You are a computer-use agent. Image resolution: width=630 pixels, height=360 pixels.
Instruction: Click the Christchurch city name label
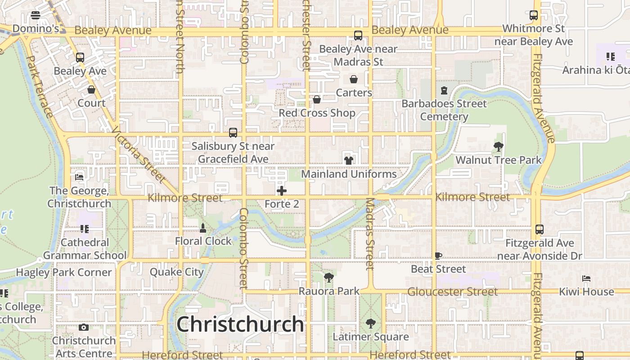(240, 324)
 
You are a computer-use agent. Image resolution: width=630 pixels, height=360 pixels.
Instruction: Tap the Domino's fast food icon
(36, 15)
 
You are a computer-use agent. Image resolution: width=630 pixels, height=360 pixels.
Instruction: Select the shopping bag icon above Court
(91, 90)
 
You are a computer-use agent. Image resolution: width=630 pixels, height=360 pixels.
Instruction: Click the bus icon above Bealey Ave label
(80, 58)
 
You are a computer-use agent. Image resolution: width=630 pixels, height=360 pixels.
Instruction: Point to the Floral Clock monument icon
(203, 228)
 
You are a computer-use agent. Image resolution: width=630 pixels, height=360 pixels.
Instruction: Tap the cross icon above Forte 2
(282, 191)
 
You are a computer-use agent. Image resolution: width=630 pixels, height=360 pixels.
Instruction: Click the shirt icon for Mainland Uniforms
(348, 160)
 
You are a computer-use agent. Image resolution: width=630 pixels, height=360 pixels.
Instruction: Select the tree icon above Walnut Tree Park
(498, 146)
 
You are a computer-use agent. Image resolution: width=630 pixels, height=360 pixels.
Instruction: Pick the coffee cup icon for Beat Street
(438, 256)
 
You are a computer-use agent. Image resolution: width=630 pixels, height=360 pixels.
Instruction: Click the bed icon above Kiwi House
(586, 279)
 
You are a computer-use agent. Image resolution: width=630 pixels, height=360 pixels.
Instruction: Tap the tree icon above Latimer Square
(370, 323)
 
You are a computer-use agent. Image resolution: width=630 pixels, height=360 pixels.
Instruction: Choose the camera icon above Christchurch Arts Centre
(83, 327)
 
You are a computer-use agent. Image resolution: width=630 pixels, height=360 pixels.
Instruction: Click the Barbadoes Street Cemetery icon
(444, 90)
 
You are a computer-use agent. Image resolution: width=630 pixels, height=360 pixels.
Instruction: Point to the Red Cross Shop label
(317, 113)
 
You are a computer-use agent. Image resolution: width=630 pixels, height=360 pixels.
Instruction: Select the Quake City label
(177, 272)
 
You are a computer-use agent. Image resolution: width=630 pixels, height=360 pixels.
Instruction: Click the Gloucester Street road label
(452, 292)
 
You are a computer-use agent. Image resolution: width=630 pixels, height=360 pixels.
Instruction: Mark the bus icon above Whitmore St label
(534, 15)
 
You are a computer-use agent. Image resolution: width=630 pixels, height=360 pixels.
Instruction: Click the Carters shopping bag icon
(354, 79)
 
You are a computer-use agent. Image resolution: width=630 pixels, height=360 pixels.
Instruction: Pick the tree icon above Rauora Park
(329, 278)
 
